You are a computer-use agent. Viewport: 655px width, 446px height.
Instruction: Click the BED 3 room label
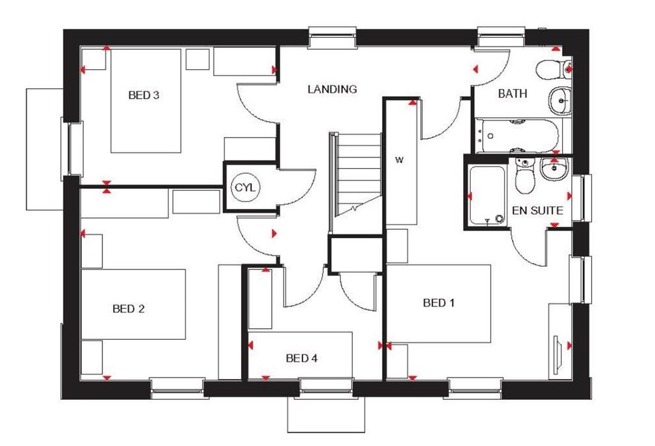pyautogui.click(x=143, y=96)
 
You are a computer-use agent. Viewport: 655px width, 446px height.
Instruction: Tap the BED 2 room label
pyautogui.click(x=128, y=309)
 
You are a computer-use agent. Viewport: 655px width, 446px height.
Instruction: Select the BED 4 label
pyautogui.click(x=301, y=358)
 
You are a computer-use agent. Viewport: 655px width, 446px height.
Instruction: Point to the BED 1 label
pyautogui.click(x=439, y=303)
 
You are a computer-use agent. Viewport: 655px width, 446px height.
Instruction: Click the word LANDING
pyautogui.click(x=332, y=90)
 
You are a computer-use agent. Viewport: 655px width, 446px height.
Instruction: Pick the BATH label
pyautogui.click(x=512, y=94)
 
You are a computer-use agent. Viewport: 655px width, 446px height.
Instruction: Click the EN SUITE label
pyautogui.click(x=537, y=210)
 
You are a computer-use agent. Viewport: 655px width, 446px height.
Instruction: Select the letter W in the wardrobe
pyautogui.click(x=398, y=159)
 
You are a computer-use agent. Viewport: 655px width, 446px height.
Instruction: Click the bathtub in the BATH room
pyautogui.click(x=518, y=135)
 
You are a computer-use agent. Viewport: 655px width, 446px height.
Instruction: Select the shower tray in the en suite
pyautogui.click(x=487, y=196)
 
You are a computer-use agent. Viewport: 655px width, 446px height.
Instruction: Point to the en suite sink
pyautogui.click(x=554, y=169)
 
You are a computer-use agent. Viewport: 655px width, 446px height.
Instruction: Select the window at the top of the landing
pyautogui.click(x=332, y=37)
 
